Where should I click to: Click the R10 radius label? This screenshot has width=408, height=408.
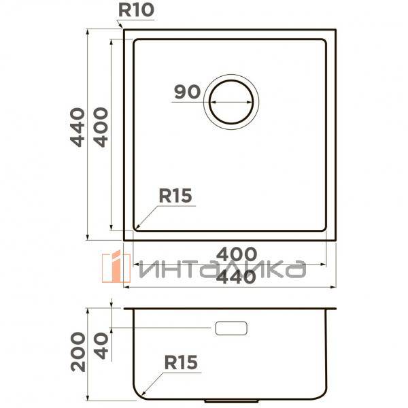[137, 10]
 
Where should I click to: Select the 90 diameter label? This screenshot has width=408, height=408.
[188, 92]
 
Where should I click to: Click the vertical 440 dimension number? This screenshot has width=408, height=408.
[78, 127]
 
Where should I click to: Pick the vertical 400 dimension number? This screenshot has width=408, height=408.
[101, 127]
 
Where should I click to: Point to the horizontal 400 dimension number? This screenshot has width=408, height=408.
[237, 254]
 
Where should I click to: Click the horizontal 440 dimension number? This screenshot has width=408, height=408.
[236, 277]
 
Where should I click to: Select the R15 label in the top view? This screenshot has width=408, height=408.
[175, 196]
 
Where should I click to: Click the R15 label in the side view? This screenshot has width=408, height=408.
[181, 362]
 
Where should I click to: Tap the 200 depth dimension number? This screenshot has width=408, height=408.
[78, 352]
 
